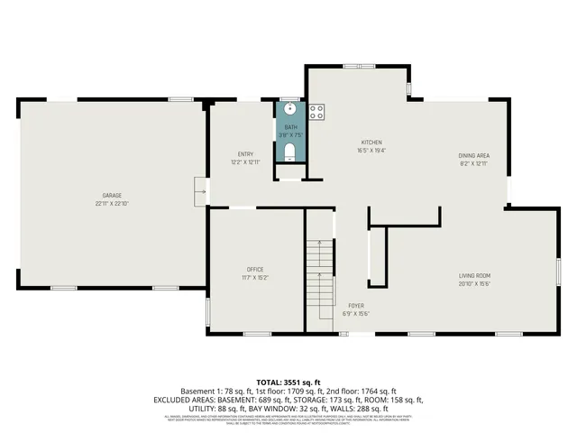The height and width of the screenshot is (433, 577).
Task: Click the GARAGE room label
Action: click(x=112, y=196)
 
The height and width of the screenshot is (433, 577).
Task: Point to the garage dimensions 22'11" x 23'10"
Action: click(x=112, y=204)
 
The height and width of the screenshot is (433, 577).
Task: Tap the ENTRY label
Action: click(x=245, y=153)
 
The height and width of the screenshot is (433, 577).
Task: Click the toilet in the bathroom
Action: click(x=289, y=150)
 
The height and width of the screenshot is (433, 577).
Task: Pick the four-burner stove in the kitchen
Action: click(x=316, y=112)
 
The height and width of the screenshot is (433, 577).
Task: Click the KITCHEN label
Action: click(x=372, y=143)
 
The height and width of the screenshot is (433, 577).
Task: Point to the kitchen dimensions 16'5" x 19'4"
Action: click(x=372, y=151)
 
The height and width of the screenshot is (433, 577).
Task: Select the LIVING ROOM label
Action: click(x=474, y=275)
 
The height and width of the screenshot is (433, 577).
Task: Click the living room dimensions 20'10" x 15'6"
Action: click(x=474, y=283)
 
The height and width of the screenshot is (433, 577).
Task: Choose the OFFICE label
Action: click(x=255, y=270)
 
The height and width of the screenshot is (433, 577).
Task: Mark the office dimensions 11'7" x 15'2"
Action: click(x=255, y=278)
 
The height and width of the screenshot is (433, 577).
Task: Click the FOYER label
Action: click(x=356, y=305)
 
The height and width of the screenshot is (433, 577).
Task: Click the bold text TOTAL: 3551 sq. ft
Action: click(x=288, y=382)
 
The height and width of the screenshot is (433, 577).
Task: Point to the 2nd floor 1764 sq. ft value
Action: click(x=371, y=391)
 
